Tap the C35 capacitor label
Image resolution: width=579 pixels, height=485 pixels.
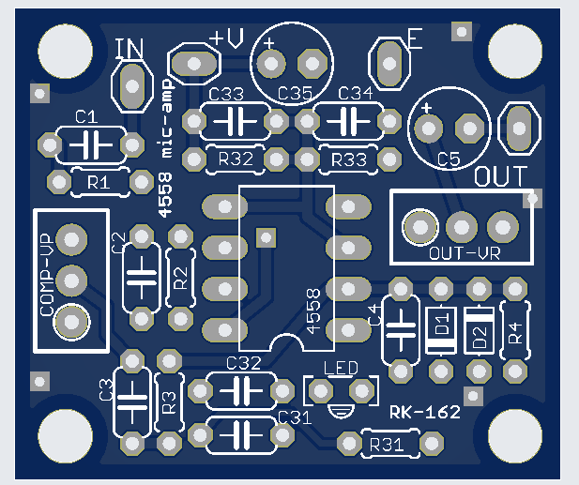click(x=295, y=94)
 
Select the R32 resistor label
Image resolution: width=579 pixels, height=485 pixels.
click(x=235, y=159)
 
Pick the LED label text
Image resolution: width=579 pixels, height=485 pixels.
click(x=341, y=367)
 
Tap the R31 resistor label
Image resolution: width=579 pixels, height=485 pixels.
click(x=388, y=445)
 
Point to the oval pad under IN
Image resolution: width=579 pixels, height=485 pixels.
click(x=132, y=87)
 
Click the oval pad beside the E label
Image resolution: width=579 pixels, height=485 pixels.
click(x=390, y=62)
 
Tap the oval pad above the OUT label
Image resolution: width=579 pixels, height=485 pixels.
click(x=519, y=129)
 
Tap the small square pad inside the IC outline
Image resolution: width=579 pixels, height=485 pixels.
click(x=266, y=234)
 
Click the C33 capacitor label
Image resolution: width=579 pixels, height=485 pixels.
click(x=227, y=95)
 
